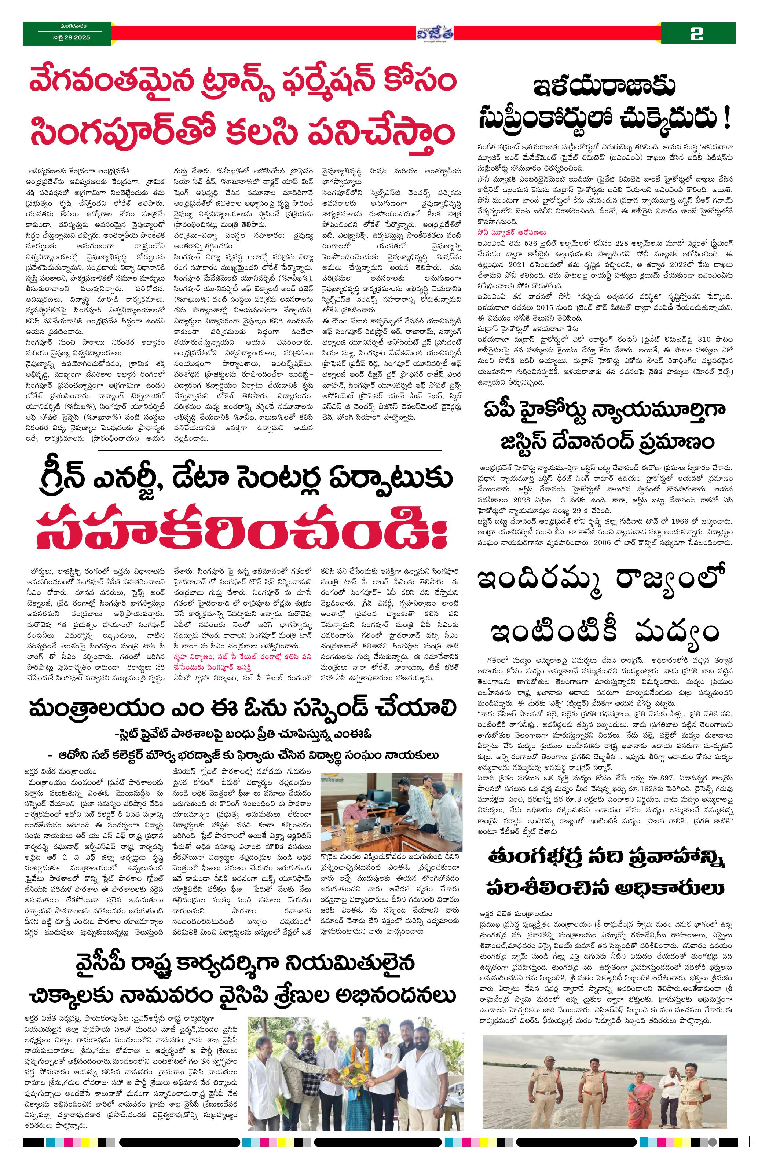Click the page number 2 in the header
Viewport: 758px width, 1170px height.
click(697, 34)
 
